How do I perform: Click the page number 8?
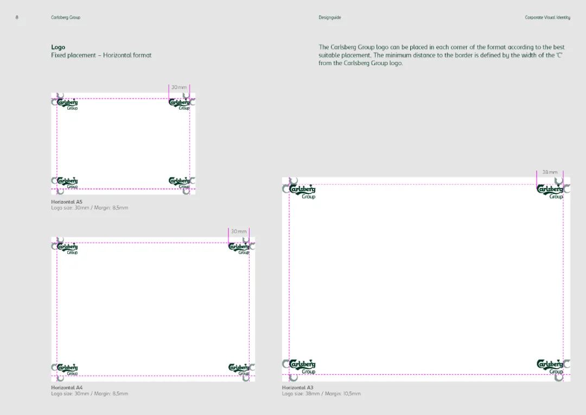(x=17, y=17)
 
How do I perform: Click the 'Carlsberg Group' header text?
(x=66, y=17)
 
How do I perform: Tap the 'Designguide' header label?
(x=330, y=17)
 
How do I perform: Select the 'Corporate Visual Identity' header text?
(x=547, y=17)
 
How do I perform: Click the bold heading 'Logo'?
(x=58, y=47)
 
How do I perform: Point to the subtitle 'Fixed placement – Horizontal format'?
(x=101, y=55)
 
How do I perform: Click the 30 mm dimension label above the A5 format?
(x=179, y=87)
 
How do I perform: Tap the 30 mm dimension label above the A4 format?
(x=239, y=231)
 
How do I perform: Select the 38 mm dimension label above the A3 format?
(x=550, y=172)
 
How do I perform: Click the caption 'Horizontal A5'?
(x=67, y=202)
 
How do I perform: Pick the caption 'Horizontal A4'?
(x=67, y=388)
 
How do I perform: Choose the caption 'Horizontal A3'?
(x=297, y=388)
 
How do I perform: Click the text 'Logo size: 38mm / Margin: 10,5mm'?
(x=321, y=394)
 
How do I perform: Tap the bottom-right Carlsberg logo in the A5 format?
(x=180, y=183)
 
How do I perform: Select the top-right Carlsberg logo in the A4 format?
(x=239, y=248)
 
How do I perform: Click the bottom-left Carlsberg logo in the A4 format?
(x=68, y=369)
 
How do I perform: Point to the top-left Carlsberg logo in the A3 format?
(x=302, y=192)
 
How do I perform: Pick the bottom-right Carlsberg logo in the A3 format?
(x=550, y=367)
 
